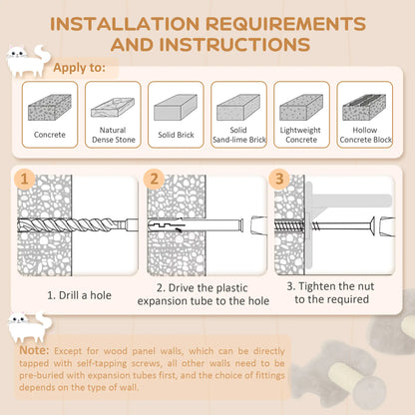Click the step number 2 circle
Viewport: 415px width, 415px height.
155,180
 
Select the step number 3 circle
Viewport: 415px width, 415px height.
280,180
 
